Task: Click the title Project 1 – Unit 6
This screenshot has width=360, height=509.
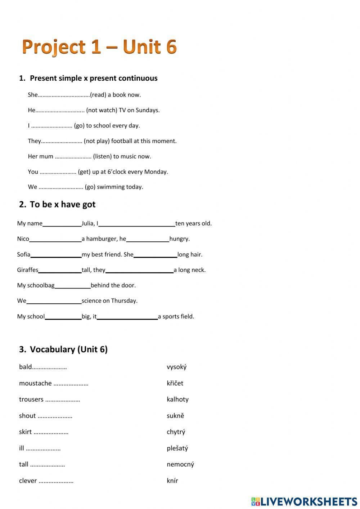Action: point(99,47)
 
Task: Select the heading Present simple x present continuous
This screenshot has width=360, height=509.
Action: point(93,78)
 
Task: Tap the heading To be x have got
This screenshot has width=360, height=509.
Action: point(62,204)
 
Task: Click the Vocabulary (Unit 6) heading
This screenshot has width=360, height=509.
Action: point(68,349)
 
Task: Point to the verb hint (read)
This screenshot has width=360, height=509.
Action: point(98,95)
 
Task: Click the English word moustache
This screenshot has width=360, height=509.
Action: point(35,383)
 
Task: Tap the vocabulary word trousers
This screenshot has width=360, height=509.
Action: point(31,399)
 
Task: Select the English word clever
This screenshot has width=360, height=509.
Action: point(28,481)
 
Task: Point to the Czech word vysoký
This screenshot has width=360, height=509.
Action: point(176,367)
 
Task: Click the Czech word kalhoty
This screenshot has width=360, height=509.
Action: point(177,399)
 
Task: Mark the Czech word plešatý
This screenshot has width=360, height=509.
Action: point(177,448)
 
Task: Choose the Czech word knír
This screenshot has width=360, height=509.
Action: point(172,481)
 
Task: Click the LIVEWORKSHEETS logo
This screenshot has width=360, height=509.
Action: point(304,501)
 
